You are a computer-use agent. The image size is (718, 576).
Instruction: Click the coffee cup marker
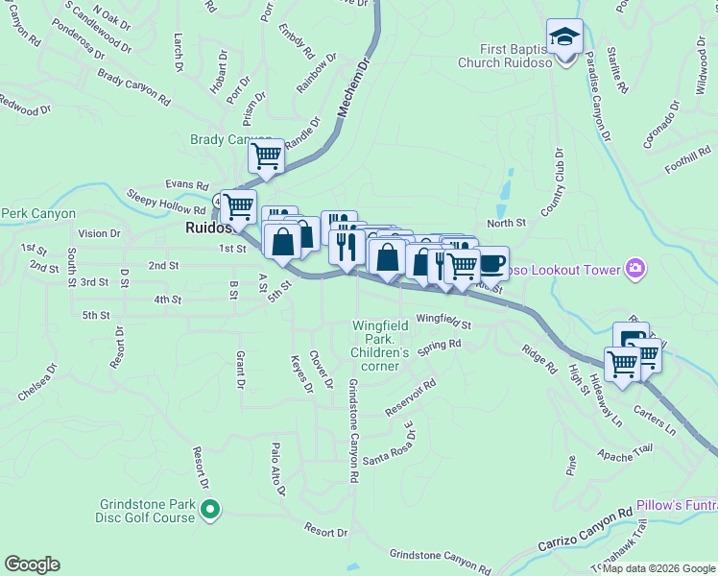point(491,261)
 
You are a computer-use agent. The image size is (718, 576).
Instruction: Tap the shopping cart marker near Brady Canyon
point(266,156)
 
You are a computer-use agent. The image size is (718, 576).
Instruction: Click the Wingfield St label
point(443,322)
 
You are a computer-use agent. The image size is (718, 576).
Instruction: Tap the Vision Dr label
point(99,232)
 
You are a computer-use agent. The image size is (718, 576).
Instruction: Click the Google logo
point(32,564)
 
